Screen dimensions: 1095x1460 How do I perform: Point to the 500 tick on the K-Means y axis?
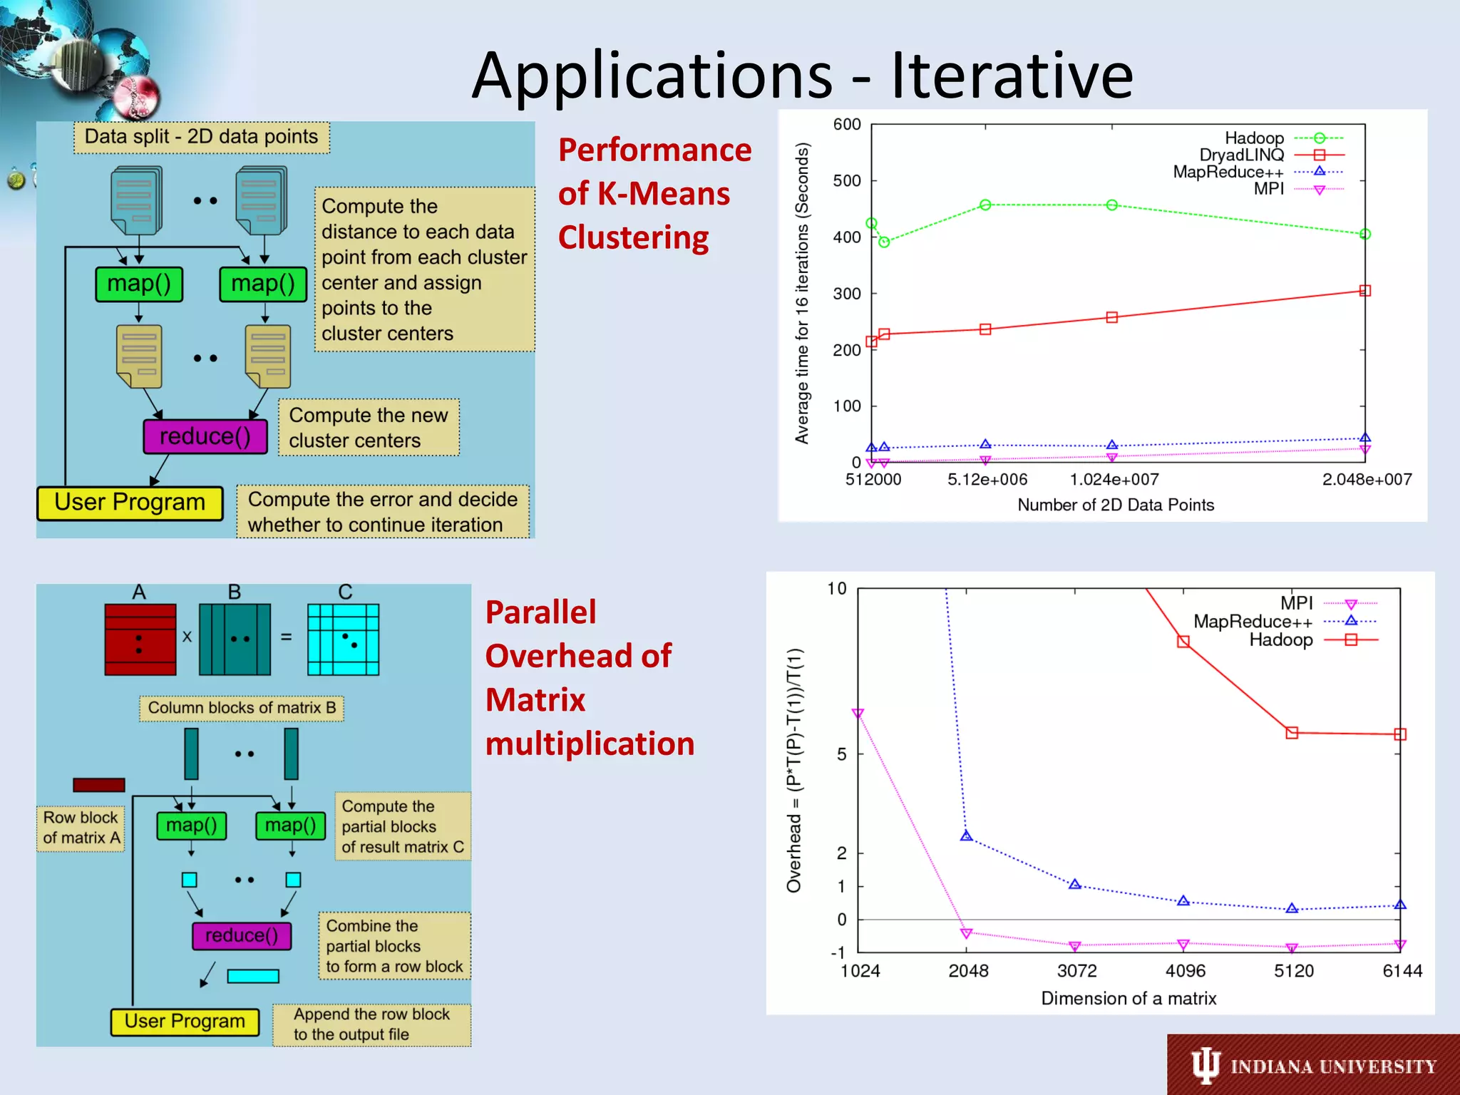pyautogui.click(x=847, y=181)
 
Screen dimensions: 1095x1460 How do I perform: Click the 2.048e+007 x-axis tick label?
pyautogui.click(x=1367, y=480)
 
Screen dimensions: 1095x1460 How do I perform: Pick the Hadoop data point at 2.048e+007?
pyautogui.click(x=1364, y=234)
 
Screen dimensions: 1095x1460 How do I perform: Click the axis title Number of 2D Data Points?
pyautogui.click(x=1115, y=505)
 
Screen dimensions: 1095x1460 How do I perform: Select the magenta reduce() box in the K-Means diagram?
pyautogui.click(x=205, y=436)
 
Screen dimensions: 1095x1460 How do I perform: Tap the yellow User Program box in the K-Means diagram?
pyautogui.click(x=130, y=503)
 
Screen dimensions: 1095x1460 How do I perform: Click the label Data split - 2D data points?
pyautogui.click(x=202, y=137)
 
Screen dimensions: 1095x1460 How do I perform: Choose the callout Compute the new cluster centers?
pyautogui.click(x=369, y=428)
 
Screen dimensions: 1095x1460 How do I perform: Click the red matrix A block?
pyautogui.click(x=140, y=639)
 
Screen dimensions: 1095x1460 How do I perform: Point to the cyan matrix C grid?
pyautogui.click(x=343, y=639)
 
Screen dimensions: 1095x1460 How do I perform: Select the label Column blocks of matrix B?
pyautogui.click(x=242, y=708)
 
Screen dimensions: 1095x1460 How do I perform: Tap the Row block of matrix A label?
pyautogui.click(x=81, y=828)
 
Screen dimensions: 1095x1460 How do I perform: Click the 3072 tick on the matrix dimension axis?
pyautogui.click(x=1076, y=971)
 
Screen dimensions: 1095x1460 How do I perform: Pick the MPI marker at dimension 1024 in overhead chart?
pyautogui.click(x=858, y=714)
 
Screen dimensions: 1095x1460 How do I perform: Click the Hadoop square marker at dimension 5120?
pyautogui.click(x=1292, y=733)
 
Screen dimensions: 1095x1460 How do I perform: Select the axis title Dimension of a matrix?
pyautogui.click(x=1129, y=999)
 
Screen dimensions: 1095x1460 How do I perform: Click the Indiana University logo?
pyautogui.click(x=1313, y=1066)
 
